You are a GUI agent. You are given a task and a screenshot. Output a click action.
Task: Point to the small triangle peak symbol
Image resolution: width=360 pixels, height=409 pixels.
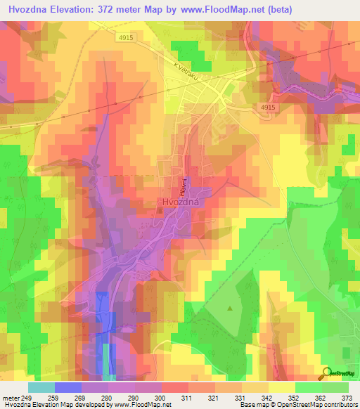(230, 307)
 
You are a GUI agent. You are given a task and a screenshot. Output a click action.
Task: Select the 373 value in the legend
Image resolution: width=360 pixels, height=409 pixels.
(348, 398)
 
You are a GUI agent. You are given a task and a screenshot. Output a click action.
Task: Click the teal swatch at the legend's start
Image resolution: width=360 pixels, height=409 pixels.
(41, 387)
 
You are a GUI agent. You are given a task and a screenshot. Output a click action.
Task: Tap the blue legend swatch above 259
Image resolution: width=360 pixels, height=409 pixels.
(67, 387)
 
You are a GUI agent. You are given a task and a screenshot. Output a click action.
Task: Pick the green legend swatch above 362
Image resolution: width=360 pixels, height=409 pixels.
(308, 387)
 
